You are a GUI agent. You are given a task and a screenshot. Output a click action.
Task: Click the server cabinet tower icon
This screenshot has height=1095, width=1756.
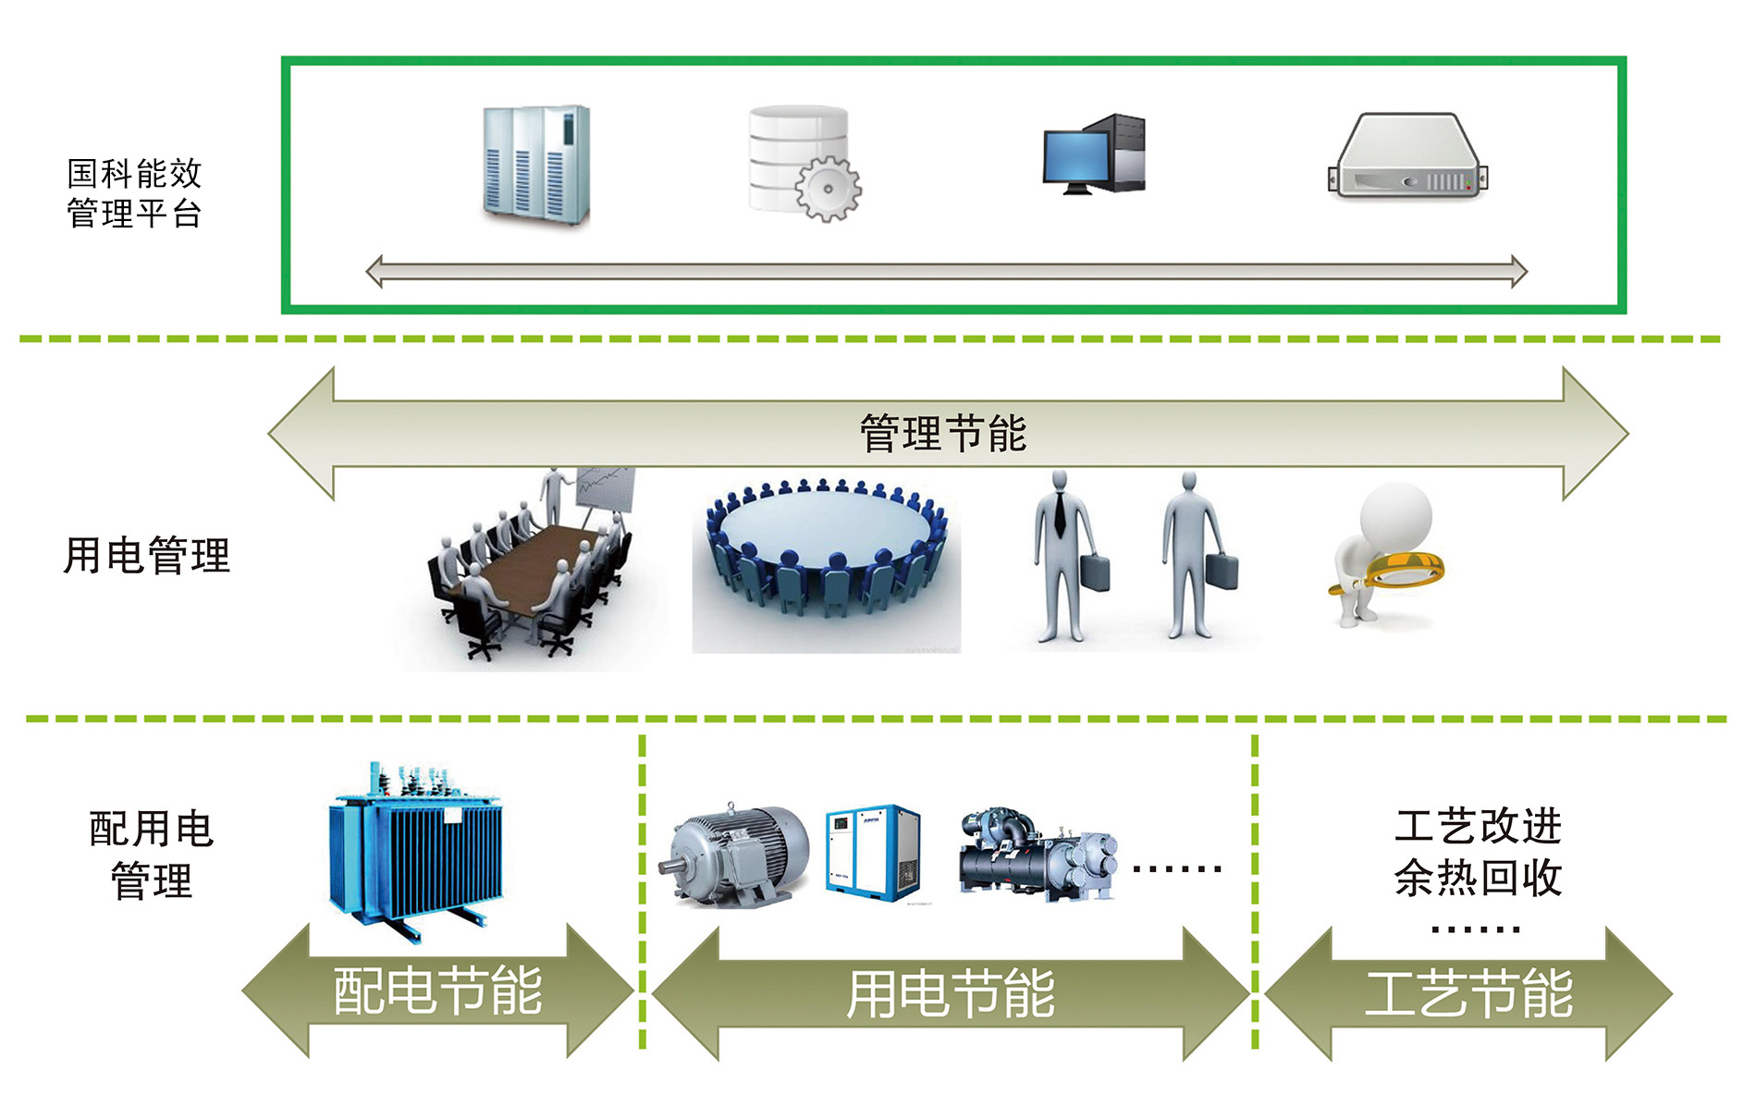pos(536,165)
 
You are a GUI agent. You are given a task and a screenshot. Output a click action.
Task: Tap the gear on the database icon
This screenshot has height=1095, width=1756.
pos(828,189)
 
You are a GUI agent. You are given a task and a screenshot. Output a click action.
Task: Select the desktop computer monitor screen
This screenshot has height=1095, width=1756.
pos(1075,157)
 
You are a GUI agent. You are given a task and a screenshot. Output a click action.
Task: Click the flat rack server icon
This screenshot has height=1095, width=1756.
pos(1406,157)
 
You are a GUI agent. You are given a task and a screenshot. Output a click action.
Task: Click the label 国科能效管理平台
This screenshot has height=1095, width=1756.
pos(134,193)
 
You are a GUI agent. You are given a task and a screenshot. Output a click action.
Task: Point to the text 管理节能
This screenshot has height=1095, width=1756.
pos(943,434)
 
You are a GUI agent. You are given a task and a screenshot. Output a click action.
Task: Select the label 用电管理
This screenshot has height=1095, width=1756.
pos(146,555)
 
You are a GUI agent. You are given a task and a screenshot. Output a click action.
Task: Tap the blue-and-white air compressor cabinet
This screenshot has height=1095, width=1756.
pos(873,853)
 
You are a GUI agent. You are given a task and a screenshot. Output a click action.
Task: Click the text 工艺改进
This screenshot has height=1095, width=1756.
pos(1478,826)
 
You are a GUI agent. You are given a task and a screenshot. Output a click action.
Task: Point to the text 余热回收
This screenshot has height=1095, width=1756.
pos(1478,878)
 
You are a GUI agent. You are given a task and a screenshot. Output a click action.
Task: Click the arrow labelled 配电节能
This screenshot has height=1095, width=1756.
pos(437,990)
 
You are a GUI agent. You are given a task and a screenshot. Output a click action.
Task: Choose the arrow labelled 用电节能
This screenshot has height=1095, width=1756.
pos(951,994)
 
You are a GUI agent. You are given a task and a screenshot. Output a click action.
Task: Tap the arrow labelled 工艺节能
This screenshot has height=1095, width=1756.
pos(1468,994)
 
